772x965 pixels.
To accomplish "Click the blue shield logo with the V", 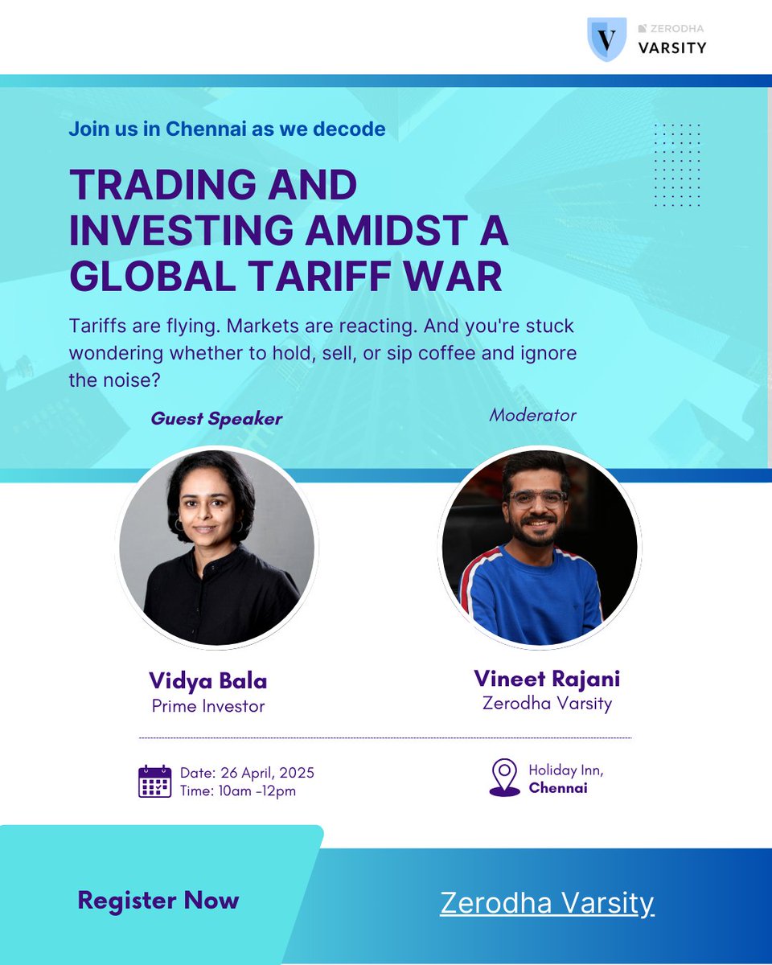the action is (607, 39).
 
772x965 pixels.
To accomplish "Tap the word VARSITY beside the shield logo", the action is (672, 48).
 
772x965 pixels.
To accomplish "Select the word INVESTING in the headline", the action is (181, 230).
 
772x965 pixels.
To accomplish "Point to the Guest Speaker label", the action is (216, 419).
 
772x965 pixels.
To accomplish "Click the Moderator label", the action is (532, 415).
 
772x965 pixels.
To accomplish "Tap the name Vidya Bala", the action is (208, 680).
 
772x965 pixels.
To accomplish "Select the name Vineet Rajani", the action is (547, 678).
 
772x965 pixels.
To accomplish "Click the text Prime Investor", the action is (208, 706).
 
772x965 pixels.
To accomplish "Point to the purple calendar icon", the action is (154, 781).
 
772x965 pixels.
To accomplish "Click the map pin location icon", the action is (505, 778).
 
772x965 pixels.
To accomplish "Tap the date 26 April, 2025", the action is (267, 773).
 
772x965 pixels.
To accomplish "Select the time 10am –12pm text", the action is (257, 790).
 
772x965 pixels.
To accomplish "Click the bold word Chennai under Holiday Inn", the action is (558, 788).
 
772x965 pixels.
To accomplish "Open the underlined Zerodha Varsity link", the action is (547, 902).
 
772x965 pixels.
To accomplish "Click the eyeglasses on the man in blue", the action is (537, 499).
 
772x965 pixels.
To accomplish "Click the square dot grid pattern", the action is (677, 165).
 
